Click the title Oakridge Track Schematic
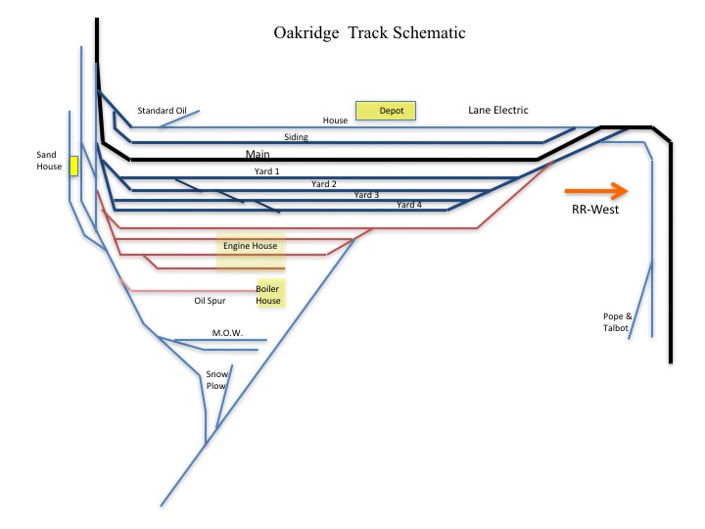click(369, 33)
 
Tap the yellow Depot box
click(386, 111)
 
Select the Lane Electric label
click(498, 111)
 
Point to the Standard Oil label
click(162, 111)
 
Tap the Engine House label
click(250, 246)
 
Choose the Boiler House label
click(268, 295)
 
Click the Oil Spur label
click(211, 301)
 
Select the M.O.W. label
click(227, 333)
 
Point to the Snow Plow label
click(215, 380)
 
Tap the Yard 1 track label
click(266, 171)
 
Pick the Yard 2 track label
click(324, 183)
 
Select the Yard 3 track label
click(366, 194)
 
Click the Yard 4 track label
click(409, 205)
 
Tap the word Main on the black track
click(258, 155)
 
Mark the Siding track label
click(296, 137)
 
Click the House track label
click(335, 120)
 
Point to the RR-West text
click(595, 210)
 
